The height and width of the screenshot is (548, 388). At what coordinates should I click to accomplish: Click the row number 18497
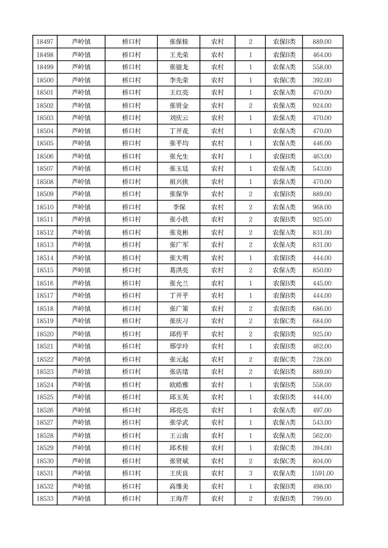[45, 42]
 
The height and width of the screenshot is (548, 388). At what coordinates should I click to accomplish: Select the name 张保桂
[178, 42]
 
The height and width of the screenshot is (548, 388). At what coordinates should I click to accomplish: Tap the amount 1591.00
[322, 473]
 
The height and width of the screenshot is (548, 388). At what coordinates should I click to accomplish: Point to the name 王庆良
[178, 473]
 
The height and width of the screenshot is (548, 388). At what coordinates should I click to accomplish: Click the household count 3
[250, 473]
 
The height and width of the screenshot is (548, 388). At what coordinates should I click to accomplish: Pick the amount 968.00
[322, 207]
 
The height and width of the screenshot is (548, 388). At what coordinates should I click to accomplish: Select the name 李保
[178, 207]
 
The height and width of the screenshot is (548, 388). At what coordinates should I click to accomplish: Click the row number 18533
[45, 499]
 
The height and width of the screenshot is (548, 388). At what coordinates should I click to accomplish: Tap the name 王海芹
[178, 499]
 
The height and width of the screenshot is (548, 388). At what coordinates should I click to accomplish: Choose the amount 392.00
[322, 80]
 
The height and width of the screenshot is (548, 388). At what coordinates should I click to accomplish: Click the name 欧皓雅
[178, 385]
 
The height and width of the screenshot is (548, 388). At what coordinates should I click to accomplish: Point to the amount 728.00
[322, 359]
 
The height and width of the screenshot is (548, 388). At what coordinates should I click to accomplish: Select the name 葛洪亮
[178, 270]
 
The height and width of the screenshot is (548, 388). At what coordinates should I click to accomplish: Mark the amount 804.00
[322, 461]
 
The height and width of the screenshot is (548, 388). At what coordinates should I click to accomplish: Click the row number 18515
[45, 270]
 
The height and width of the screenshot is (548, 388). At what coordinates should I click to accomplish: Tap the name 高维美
[178, 486]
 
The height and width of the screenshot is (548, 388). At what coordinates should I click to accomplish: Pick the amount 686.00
[322, 309]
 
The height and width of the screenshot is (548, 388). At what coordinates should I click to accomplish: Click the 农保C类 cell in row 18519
[284, 321]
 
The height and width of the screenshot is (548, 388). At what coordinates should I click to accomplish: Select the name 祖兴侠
[178, 182]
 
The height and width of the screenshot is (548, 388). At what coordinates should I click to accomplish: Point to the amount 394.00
[322, 448]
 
